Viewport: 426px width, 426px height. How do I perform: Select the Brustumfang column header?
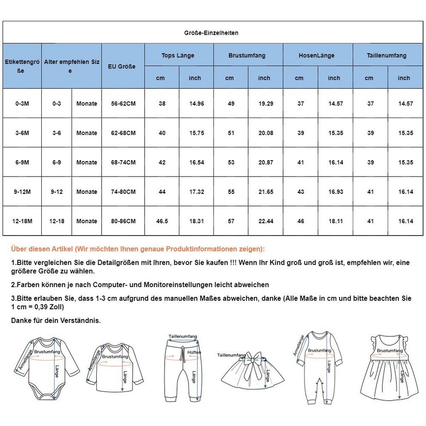(x=247, y=55)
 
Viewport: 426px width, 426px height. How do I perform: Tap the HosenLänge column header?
(x=316, y=55)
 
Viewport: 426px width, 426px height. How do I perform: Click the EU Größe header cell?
(x=122, y=67)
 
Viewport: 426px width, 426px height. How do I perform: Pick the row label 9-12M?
(x=22, y=192)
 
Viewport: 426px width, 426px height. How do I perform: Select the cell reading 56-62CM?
(x=123, y=103)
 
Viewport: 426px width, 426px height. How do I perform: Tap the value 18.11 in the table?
(x=335, y=221)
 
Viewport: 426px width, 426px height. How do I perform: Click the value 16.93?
(x=335, y=192)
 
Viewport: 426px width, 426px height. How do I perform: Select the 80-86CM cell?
(x=123, y=221)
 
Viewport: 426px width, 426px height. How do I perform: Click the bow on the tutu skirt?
(x=256, y=359)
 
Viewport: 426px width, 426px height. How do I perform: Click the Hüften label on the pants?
(x=194, y=352)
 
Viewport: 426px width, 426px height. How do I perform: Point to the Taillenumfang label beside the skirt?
(x=231, y=355)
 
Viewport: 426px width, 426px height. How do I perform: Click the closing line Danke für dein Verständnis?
(x=56, y=320)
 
